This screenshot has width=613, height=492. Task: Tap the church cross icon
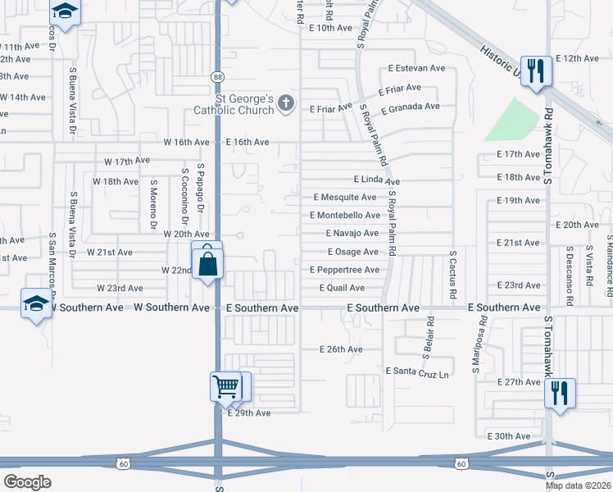coord(285,102)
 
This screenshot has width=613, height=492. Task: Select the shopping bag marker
coord(208,262)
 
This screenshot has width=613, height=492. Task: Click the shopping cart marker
coord(225,385)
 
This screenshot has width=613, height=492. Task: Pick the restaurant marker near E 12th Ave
coord(536,71)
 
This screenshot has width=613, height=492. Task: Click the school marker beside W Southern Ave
coord(36,303)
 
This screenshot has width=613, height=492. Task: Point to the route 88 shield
coord(217,76)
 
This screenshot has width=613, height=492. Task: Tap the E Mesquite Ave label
coord(345,198)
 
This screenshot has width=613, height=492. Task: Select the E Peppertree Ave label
coord(344,270)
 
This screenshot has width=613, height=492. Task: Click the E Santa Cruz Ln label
coord(417,371)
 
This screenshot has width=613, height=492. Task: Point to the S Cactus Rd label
coord(452,276)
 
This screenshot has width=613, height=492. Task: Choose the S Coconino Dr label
coord(186,198)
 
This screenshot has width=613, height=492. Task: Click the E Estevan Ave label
coord(416,68)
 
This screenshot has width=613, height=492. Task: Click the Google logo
coord(28,482)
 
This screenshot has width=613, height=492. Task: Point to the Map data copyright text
coord(579,485)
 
